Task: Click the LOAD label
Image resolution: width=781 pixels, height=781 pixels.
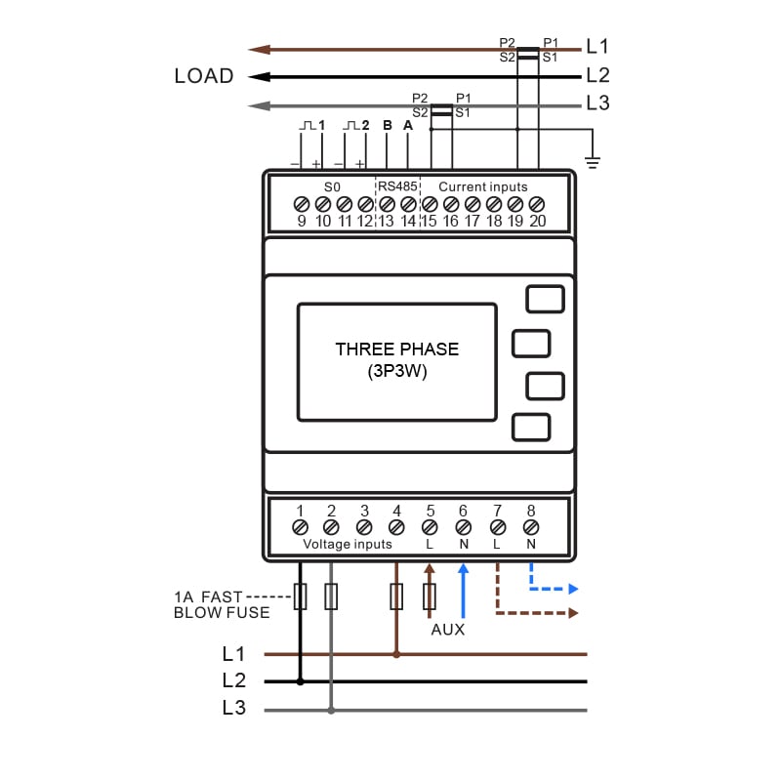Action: coord(204,76)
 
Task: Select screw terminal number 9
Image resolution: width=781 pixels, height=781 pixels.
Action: coord(302,204)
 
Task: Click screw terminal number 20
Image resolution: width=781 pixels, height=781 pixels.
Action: coord(537,204)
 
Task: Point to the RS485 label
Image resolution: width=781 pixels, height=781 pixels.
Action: coord(397,186)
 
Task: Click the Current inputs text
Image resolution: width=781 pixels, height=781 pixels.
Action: coord(482,186)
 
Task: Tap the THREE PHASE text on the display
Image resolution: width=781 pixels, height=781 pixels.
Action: coord(396,349)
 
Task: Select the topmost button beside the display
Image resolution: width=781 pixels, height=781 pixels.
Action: coord(545,299)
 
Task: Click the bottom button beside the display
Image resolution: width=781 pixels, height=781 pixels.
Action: coord(530,428)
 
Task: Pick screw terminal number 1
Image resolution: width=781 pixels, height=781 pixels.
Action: coord(300,527)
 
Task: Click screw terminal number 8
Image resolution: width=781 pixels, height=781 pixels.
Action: coord(531,527)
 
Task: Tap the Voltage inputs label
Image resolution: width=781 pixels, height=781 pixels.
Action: coord(348,544)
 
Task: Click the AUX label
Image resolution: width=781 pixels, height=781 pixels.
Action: coord(448,630)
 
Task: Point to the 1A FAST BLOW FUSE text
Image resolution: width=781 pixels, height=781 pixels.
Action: coord(222,604)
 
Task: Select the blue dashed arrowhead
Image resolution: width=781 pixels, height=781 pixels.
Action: coord(573,590)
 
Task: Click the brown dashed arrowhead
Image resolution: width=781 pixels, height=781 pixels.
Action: coord(573,613)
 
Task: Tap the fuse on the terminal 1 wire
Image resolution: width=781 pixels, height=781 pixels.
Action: coord(300,596)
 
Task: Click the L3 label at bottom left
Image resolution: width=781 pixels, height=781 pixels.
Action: coord(233,709)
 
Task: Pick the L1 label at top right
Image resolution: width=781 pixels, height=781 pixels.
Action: coord(597,46)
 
